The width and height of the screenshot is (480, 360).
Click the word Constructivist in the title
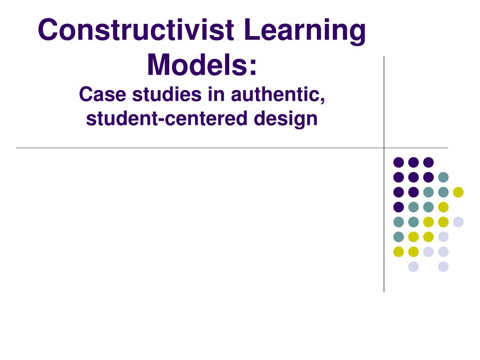point(135,30)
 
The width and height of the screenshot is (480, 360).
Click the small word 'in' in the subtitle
point(209,95)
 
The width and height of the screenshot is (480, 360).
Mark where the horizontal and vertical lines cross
point(384,148)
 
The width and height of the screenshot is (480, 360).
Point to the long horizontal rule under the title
point(187,148)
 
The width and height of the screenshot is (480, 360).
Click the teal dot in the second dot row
point(443,177)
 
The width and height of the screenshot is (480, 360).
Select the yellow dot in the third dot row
point(458,192)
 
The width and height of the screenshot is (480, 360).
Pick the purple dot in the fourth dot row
point(398,207)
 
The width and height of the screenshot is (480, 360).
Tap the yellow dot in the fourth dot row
point(443,207)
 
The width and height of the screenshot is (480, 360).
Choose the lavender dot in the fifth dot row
point(458,222)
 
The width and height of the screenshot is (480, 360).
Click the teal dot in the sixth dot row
point(398,237)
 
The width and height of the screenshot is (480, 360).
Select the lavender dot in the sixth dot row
point(443,237)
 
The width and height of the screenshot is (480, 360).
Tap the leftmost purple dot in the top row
point(398,162)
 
